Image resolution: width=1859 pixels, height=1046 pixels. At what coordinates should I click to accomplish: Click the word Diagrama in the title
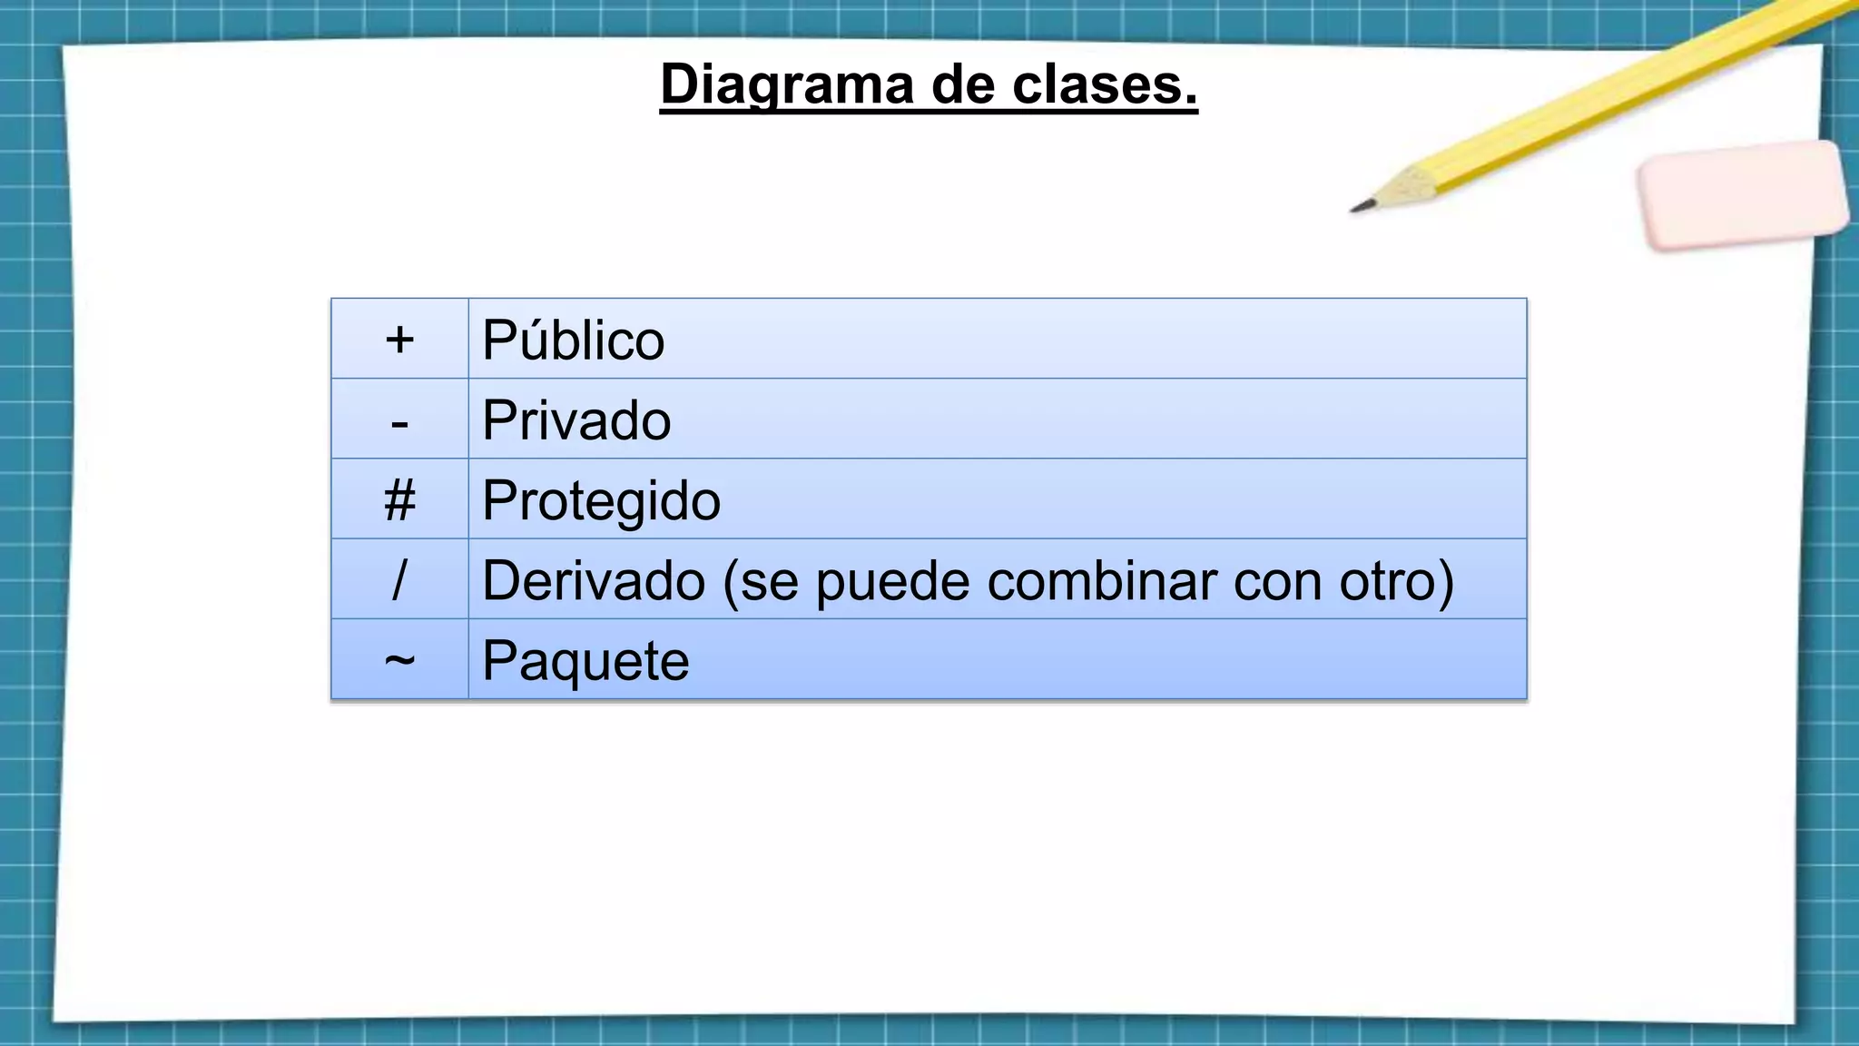[x=787, y=85]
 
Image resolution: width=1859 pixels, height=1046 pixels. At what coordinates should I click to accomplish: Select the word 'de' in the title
[x=963, y=85]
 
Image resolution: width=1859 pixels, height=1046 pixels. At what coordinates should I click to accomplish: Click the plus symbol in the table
[x=399, y=340]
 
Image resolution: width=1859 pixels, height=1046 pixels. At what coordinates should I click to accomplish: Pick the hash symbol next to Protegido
[x=399, y=500]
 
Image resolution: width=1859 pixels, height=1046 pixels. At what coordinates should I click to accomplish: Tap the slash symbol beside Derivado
[x=399, y=580]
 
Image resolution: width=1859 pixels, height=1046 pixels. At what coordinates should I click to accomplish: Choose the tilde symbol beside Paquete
[x=399, y=660]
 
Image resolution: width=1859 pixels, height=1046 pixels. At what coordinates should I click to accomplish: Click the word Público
[x=573, y=340]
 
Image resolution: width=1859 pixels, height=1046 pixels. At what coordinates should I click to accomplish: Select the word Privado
[x=576, y=420]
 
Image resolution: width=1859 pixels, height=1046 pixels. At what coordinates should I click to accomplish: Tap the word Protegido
[x=601, y=500]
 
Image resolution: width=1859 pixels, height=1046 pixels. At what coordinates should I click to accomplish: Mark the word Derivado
[x=594, y=580]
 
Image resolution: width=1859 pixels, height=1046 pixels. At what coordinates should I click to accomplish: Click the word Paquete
[x=585, y=660]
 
